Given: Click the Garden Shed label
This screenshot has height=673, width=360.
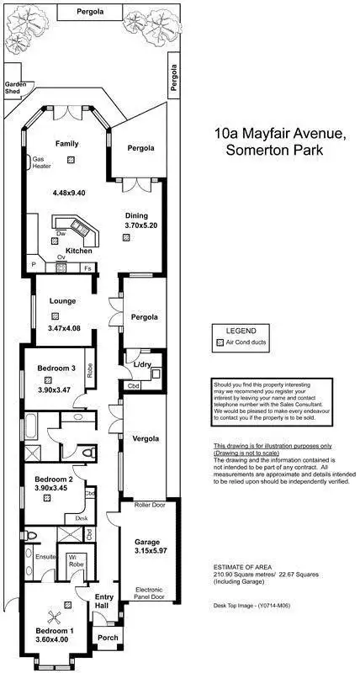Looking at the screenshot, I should (17, 87).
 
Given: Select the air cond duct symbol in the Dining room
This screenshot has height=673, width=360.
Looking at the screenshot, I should (125, 238).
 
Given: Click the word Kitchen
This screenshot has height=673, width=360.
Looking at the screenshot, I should (78, 251).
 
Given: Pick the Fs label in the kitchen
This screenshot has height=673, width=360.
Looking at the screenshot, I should (87, 268).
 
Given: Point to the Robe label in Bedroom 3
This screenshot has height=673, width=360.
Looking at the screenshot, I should (90, 370).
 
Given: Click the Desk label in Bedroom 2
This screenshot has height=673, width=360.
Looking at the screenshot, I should (81, 519).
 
